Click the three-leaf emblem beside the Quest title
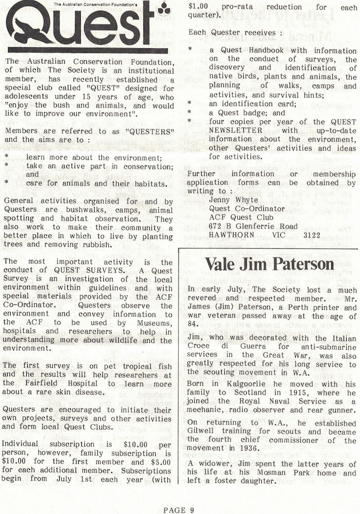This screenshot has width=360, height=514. click(164, 8)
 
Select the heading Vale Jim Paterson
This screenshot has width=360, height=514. click(269, 264)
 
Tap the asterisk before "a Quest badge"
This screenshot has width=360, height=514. click(190, 113)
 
